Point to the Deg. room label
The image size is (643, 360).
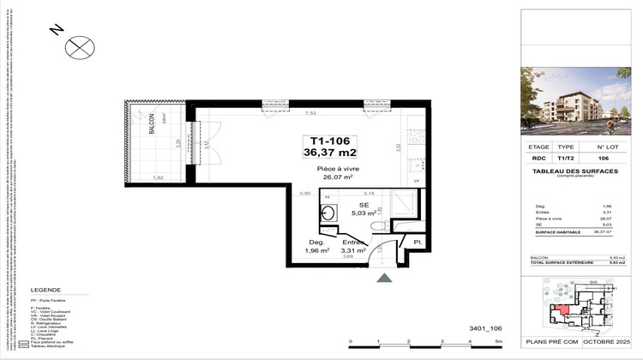[x=306, y=243]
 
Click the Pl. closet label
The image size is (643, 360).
[x=418, y=243]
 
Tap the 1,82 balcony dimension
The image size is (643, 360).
[x=158, y=177]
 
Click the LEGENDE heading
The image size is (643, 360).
[x=45, y=291]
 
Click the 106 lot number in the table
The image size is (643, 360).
[x=603, y=158]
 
